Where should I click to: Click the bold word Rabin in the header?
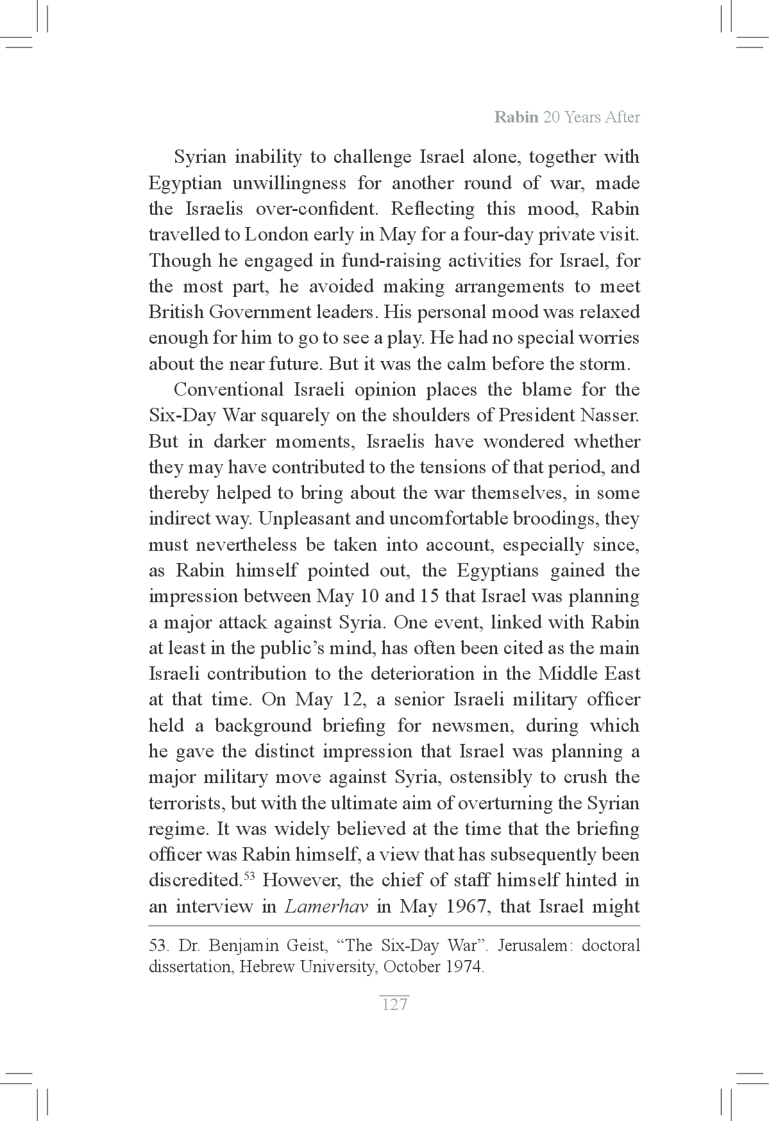pyautogui.click(x=516, y=118)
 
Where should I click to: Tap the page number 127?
pyautogui.click(x=394, y=1004)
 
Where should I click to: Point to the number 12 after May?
pyautogui.click(x=347, y=700)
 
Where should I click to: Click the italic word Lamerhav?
pyautogui.click(x=326, y=907)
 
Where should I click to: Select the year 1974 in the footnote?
pyautogui.click(x=463, y=966)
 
